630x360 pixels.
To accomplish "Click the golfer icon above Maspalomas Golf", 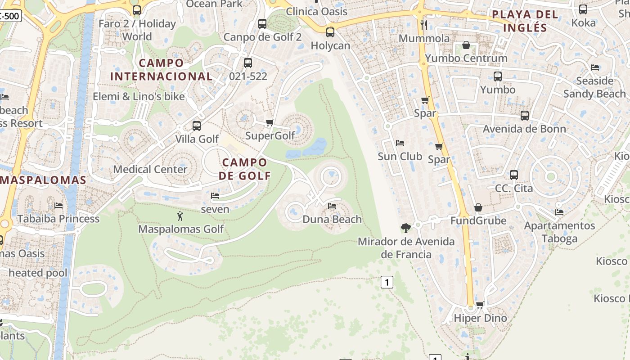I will coord(180,216).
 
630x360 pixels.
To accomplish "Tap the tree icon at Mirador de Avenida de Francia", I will coord(405,228).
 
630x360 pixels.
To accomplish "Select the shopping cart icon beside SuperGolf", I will coord(270,122).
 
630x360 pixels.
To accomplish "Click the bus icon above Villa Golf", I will coord(197,126).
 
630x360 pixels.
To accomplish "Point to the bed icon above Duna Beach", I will coord(332,206).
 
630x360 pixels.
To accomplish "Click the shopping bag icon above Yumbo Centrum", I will coord(466,45).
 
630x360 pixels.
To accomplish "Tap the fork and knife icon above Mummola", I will coord(423,25).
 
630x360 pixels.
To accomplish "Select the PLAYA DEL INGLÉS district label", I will coord(525,21).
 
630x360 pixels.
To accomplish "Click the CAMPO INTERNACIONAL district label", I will coord(161,70).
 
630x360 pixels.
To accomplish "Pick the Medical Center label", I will coord(150,169).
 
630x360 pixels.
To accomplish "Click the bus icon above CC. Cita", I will coord(514,175).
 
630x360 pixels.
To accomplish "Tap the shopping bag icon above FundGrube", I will coord(478,207).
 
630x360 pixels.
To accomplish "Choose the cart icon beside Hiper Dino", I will coord(480,305).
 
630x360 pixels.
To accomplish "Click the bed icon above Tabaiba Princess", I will coord(58,206).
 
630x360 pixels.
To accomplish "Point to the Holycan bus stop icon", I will coord(330,32).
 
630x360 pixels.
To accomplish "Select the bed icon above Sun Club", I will coord(400,143).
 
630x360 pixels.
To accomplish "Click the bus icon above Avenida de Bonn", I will coord(525,116).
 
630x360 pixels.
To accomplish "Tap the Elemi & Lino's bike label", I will coord(139,96).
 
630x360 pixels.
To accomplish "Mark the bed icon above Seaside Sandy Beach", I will coord(594,67).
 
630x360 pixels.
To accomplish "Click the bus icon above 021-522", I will coord(248,63).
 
